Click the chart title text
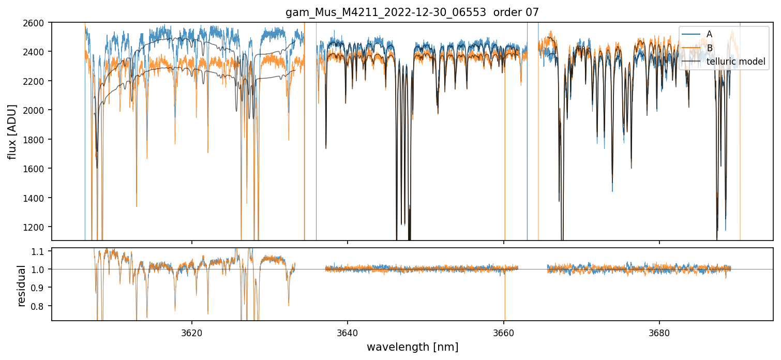pyautogui.click(x=412, y=12)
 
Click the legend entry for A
pyautogui.click(x=709, y=34)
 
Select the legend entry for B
pyautogui.click(x=709, y=48)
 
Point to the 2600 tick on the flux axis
pyautogui.click(x=37, y=23)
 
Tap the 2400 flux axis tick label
pyautogui.click(x=37, y=52)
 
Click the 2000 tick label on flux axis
pyautogui.click(x=37, y=110)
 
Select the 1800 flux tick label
pyautogui.click(x=37, y=140)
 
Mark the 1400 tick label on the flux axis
pyautogui.click(x=37, y=198)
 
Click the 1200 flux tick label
pyautogui.click(x=37, y=227)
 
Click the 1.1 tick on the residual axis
pyautogui.click(x=41, y=251)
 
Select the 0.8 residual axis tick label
pyautogui.click(x=41, y=306)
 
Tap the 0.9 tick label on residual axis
pyautogui.click(x=41, y=288)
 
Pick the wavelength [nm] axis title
pyautogui.click(x=412, y=347)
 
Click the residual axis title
pyautogui.click(x=21, y=285)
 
